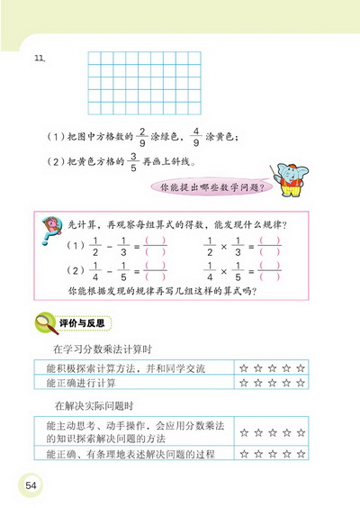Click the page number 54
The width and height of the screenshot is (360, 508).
click(x=31, y=485)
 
